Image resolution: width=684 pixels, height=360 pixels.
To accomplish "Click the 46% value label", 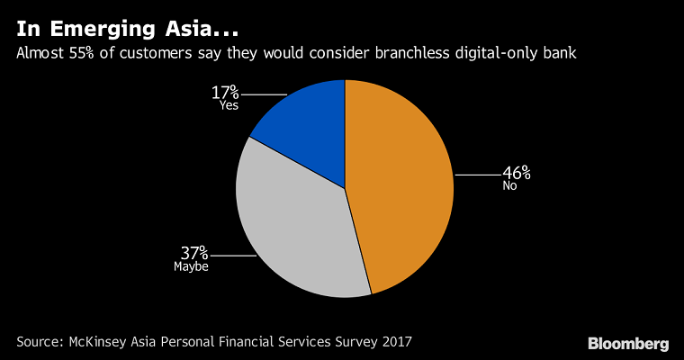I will pos(517,172).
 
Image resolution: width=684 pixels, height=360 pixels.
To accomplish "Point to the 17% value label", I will pos(225,91).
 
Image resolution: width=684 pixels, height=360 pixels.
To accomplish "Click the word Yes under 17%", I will pos(229,105).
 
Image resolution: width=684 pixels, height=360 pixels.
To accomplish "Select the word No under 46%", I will pos(510,186).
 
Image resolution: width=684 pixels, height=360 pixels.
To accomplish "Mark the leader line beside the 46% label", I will pos(477,175).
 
